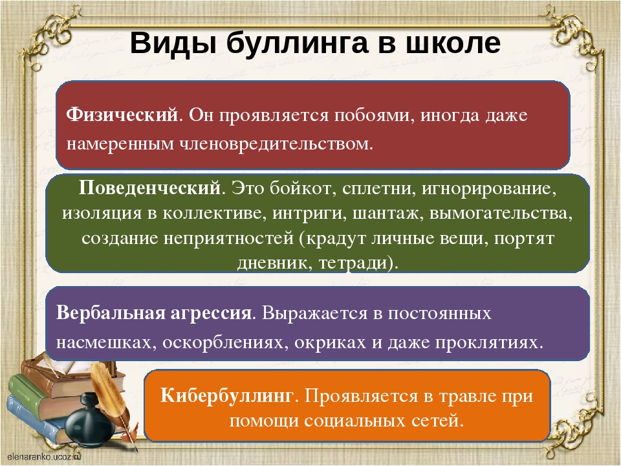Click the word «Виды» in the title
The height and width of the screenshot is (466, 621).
(174, 43)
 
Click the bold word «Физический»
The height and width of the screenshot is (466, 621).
(122, 115)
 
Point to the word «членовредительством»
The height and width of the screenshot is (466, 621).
(276, 144)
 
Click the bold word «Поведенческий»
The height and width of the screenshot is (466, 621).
(149, 188)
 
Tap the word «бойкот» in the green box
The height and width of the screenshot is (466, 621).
(300, 188)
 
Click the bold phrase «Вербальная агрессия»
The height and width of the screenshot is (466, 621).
(154, 313)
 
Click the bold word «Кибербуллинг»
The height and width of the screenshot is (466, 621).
(227, 395)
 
